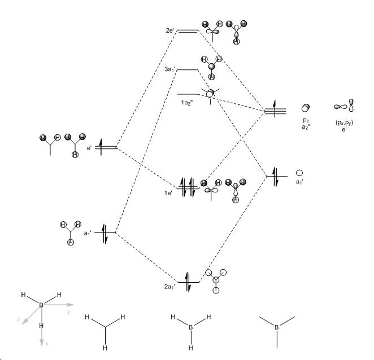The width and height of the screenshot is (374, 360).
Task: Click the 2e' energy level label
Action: click(x=170, y=30)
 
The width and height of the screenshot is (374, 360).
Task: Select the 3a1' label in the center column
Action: click(x=170, y=69)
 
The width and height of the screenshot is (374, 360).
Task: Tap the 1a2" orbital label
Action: click(x=187, y=103)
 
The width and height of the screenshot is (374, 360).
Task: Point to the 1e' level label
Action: click(x=168, y=193)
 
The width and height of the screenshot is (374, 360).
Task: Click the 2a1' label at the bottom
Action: click(x=169, y=287)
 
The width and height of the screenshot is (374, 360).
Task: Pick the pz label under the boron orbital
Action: click(x=306, y=121)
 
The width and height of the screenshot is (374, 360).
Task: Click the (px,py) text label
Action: click(x=344, y=122)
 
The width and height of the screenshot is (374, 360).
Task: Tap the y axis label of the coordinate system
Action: click(x=69, y=311)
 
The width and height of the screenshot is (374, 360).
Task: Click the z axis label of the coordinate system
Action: click(x=19, y=319)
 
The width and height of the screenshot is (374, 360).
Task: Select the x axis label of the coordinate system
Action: click(x=47, y=344)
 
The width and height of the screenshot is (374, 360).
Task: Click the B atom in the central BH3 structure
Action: click(x=190, y=327)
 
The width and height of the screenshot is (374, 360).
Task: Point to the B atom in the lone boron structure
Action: click(x=277, y=327)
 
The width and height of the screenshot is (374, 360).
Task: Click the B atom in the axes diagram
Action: click(x=41, y=305)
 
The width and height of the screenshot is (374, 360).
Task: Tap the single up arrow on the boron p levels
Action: click(x=275, y=109)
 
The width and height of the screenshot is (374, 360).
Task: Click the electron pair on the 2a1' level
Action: click(x=188, y=282)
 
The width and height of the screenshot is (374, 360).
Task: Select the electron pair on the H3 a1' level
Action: click(x=105, y=234)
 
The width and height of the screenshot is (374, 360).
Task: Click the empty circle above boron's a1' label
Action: click(x=299, y=173)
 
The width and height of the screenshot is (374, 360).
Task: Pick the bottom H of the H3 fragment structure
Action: click(x=105, y=348)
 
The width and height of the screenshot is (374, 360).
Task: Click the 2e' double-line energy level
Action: click(x=188, y=30)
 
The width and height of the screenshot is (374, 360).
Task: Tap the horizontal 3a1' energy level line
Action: click(x=188, y=70)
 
